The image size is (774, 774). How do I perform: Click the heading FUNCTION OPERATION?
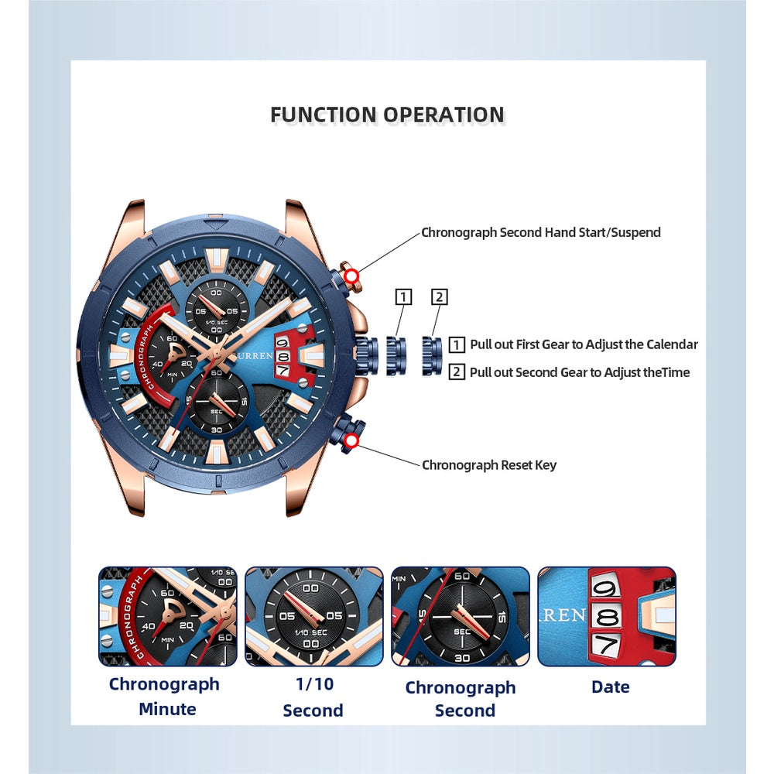(387, 115)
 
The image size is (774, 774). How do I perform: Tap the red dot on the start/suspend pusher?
(352, 276)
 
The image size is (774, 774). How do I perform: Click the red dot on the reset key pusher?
(352, 441)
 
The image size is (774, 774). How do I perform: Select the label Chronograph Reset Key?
(488, 465)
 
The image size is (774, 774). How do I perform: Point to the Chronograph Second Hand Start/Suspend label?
(540, 232)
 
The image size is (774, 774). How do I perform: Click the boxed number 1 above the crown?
(403, 297)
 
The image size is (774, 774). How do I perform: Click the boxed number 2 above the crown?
(440, 297)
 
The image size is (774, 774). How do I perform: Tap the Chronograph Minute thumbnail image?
(167, 616)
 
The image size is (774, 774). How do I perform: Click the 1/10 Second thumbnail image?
(313, 616)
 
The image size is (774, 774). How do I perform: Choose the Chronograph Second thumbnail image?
(460, 616)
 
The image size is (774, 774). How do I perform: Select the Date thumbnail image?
(606, 616)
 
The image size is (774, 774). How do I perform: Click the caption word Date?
(610, 687)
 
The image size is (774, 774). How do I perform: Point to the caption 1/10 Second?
(313, 697)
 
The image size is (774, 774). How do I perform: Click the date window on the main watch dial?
(283, 356)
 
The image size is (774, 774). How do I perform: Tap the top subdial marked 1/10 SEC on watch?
(216, 307)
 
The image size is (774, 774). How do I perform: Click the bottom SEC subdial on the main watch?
(217, 401)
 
